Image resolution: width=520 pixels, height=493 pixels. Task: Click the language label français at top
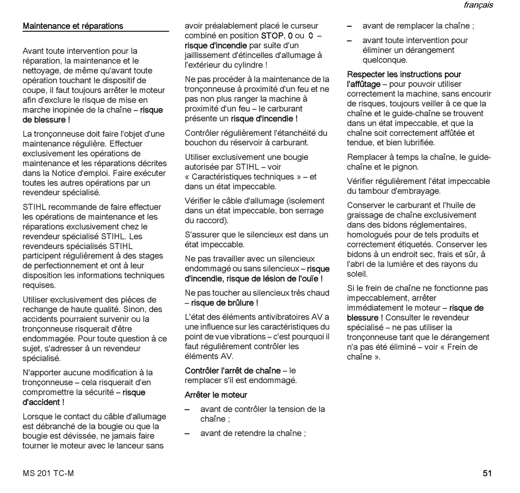478,5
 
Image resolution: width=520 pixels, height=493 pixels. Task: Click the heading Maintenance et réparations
73,26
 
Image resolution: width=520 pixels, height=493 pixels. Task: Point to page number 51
487,473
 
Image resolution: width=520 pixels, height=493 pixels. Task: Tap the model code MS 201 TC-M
48,473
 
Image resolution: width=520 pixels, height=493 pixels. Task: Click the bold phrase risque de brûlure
224,303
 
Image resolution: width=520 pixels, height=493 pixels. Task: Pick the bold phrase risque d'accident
43,402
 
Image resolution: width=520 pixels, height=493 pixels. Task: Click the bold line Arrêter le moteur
216,395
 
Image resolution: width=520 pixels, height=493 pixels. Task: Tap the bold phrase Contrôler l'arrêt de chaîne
233,370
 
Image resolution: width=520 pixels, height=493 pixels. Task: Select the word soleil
357,274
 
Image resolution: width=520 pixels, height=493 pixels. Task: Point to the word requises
39,285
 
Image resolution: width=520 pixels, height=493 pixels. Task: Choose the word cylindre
249,65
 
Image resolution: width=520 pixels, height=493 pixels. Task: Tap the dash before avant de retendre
187,433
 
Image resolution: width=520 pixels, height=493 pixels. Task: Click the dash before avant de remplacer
350,26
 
